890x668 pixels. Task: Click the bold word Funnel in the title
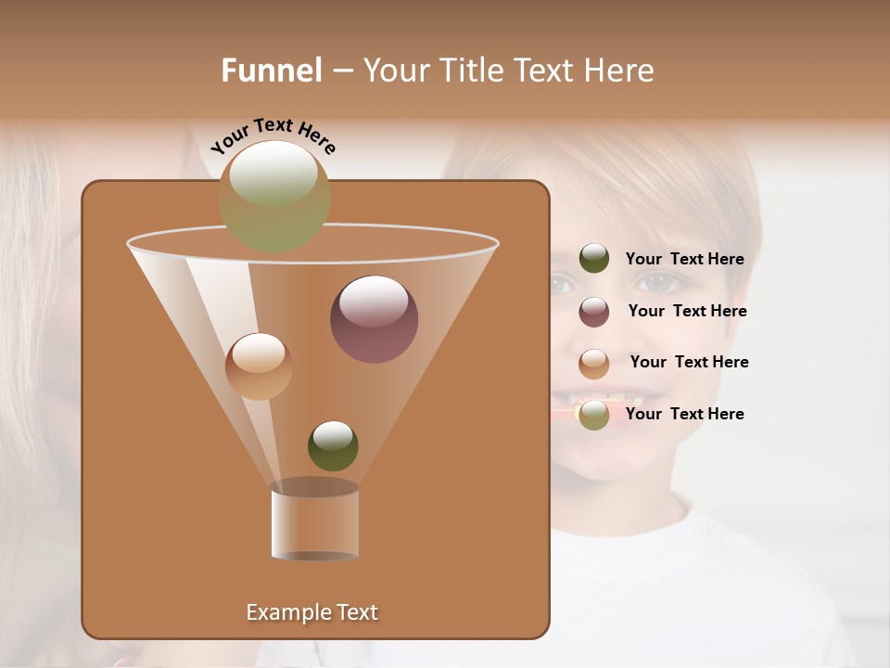pyautogui.click(x=272, y=71)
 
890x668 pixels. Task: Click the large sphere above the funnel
pyautogui.click(x=273, y=196)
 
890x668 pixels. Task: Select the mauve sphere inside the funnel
pyautogui.click(x=374, y=319)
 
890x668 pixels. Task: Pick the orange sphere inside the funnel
pyautogui.click(x=259, y=366)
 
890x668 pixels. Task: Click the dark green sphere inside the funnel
pyautogui.click(x=333, y=445)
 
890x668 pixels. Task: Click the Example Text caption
pyautogui.click(x=311, y=612)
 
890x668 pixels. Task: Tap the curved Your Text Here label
pyautogui.click(x=273, y=135)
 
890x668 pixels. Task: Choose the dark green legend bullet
pyautogui.click(x=594, y=259)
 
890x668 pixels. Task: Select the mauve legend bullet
pyautogui.click(x=594, y=312)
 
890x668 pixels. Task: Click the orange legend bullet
pyautogui.click(x=594, y=364)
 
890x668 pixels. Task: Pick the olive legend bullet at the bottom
pyautogui.click(x=594, y=415)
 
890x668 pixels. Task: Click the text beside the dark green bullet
pyautogui.click(x=684, y=260)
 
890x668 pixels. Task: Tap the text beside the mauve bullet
pyautogui.click(x=687, y=312)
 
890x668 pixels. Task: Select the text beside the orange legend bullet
pyautogui.click(x=689, y=363)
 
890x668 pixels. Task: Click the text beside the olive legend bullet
pyautogui.click(x=684, y=415)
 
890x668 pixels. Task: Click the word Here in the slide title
pyautogui.click(x=620, y=71)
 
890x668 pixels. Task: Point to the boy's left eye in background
pyautogui.click(x=657, y=283)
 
